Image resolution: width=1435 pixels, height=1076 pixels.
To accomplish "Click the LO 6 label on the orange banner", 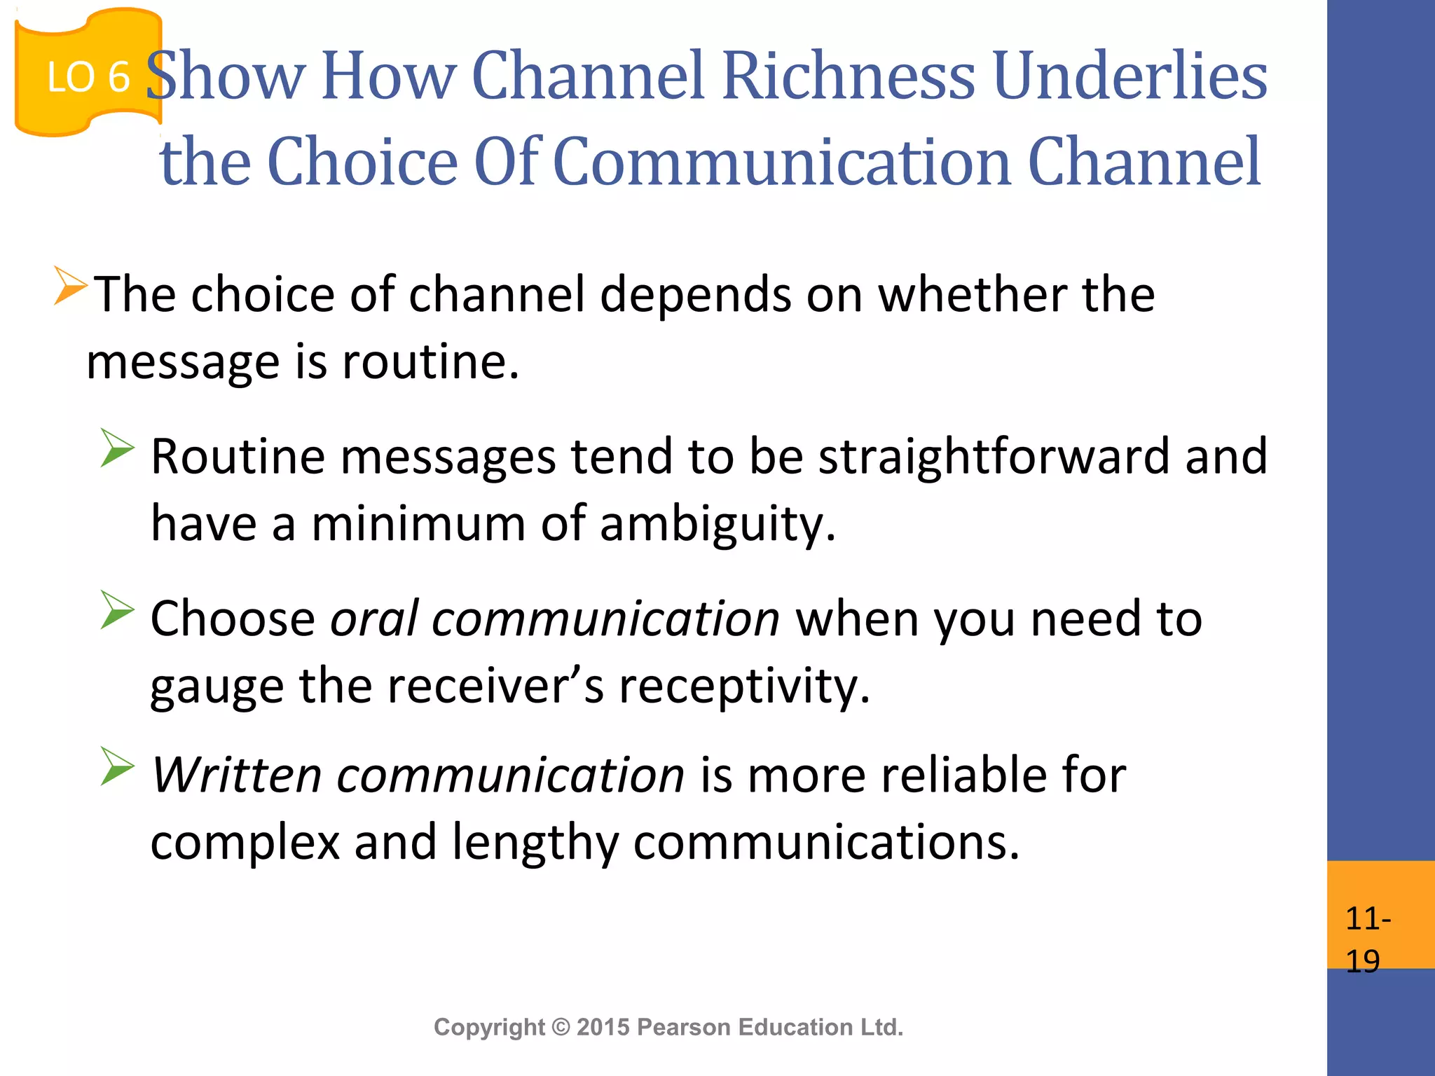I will click(x=88, y=77).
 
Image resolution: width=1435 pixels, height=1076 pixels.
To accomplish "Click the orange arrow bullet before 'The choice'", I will click(x=70, y=286).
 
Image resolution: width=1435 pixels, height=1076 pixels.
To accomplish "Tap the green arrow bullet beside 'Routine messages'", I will click(x=116, y=448).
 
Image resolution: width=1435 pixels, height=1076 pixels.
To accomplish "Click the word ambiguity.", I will click(x=717, y=524).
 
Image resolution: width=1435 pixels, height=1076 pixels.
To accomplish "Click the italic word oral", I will click(x=374, y=619).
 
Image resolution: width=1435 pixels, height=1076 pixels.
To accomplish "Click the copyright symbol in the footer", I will click(x=561, y=1027).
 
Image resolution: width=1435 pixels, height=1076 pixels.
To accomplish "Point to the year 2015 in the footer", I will click(x=604, y=1027).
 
